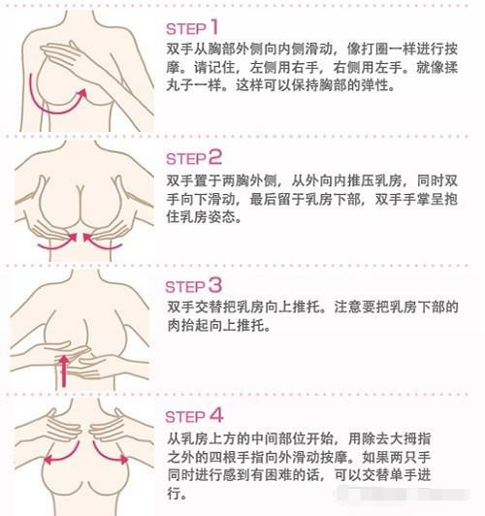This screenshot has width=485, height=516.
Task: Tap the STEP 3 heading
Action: (x=195, y=285)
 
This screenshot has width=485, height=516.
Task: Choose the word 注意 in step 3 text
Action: (x=347, y=307)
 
